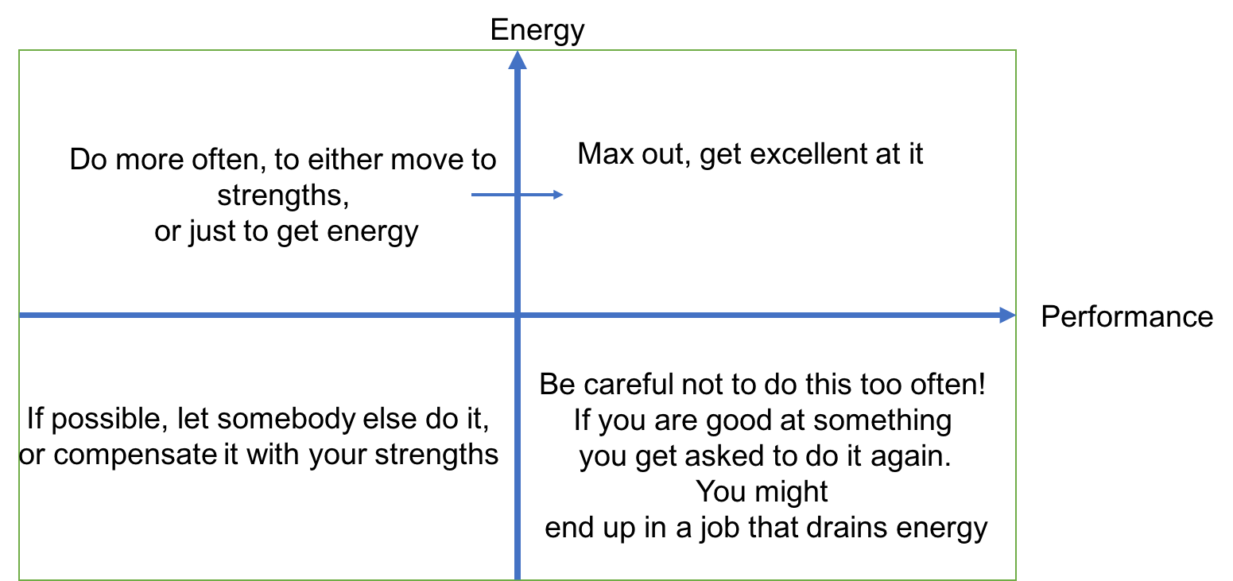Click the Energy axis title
537,31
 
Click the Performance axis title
1126,316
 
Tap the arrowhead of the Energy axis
518,60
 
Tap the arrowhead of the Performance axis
1006,316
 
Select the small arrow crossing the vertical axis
517,194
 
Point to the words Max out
634,154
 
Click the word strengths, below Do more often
283,196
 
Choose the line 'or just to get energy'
286,231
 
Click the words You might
762,492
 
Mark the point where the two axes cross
518,316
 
